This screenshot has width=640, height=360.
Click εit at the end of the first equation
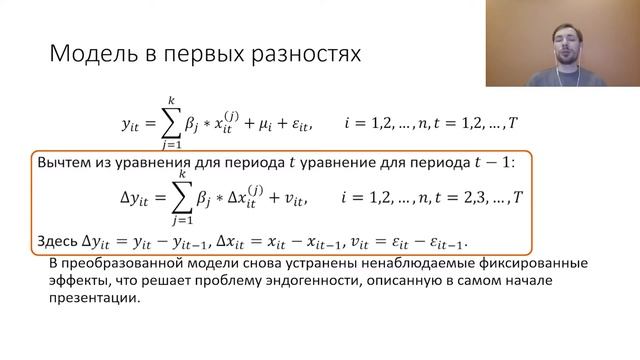click(x=301, y=125)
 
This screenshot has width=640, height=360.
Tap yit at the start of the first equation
click(x=133, y=125)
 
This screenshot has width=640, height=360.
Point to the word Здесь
click(x=56, y=241)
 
